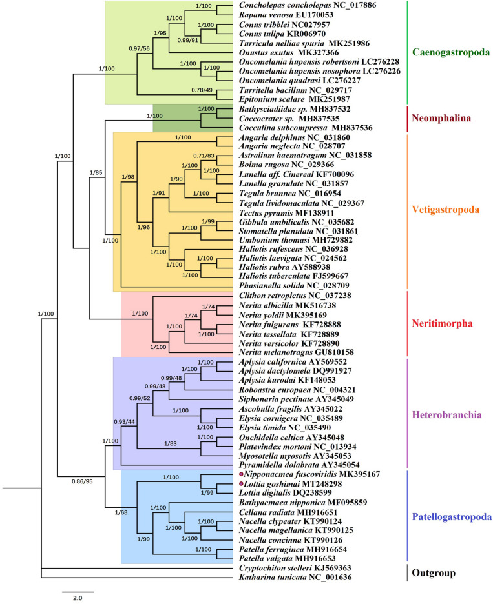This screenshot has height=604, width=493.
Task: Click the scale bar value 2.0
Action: coord(78,598)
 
